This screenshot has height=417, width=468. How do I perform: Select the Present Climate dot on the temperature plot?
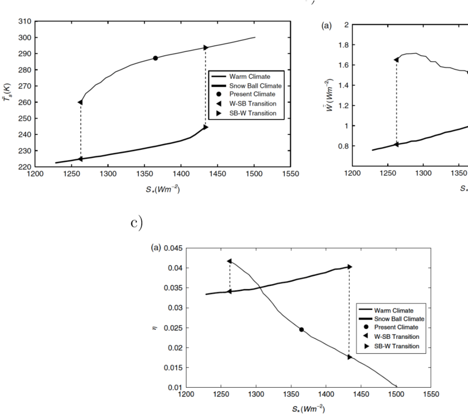pos(155,58)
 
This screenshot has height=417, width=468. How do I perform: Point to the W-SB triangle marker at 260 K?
pos(81,102)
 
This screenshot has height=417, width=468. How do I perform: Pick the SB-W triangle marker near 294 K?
pos(206,48)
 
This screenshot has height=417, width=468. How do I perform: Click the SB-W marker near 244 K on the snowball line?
pos(206,127)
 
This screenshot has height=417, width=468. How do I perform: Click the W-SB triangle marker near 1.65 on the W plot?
pos(396,59)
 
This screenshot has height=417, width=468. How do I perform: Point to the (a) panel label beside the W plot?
pos(326,25)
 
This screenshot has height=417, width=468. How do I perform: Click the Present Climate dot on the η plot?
pos(301,329)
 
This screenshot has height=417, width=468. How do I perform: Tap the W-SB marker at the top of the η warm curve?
pos(229,261)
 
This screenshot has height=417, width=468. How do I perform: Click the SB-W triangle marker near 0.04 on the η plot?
pos(349,267)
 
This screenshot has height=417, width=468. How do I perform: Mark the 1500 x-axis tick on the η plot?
pos(396,394)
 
